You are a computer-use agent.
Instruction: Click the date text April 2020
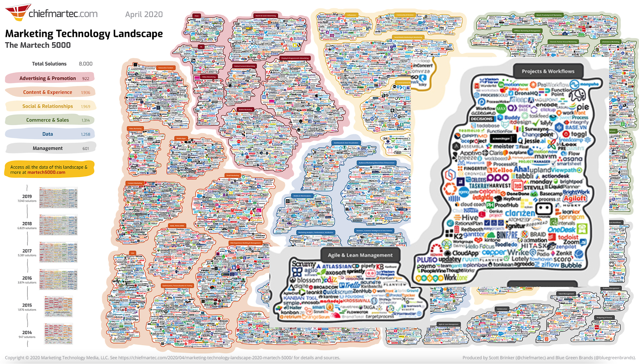point(144,14)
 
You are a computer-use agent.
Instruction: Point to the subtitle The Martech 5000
point(38,45)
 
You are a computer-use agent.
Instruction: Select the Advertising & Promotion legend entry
point(48,78)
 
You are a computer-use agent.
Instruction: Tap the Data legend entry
point(48,134)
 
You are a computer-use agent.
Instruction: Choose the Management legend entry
point(48,148)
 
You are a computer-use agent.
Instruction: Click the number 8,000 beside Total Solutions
point(85,64)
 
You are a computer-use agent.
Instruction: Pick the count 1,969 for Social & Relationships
point(85,106)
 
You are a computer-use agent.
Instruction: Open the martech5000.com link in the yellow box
point(46,172)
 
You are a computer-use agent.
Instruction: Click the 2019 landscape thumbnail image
point(58,198)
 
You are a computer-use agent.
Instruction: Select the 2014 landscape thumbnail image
point(58,334)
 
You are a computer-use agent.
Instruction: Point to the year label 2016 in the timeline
point(27,278)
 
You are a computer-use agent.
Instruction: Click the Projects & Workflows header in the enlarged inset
point(548,71)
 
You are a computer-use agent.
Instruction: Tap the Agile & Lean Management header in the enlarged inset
point(360,255)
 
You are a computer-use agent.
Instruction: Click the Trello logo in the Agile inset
point(350,285)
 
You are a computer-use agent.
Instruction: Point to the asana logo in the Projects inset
point(572,159)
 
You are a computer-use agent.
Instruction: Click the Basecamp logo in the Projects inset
point(551,193)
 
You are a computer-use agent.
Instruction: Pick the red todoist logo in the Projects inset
point(568,237)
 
